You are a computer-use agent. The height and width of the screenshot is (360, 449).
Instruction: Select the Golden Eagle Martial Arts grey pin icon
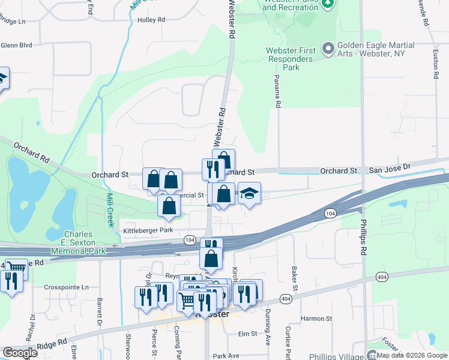(x=328, y=47)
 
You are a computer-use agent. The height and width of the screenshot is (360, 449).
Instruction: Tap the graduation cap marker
(x=249, y=193)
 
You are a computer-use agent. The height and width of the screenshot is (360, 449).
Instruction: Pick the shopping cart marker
(x=188, y=299)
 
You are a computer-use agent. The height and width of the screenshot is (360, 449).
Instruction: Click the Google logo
(x=20, y=353)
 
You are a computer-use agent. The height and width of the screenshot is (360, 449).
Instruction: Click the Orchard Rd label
(x=28, y=154)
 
